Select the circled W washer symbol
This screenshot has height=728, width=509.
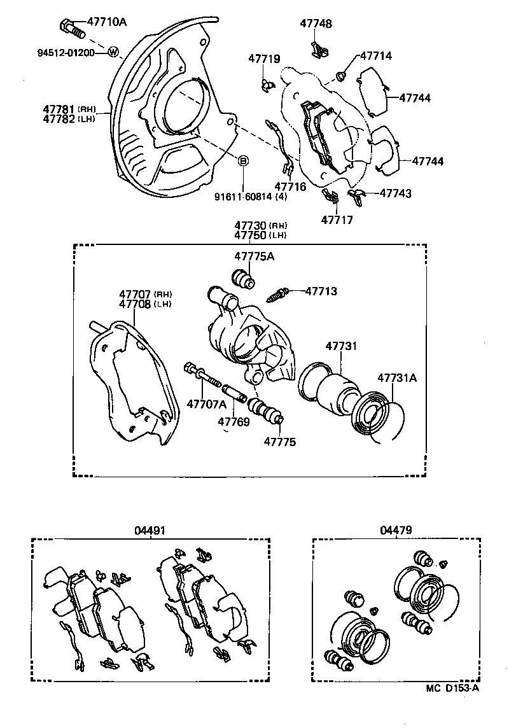[113, 52]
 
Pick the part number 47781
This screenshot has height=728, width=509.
[59, 109]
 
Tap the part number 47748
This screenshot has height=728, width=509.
[316, 24]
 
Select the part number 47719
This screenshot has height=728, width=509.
[264, 59]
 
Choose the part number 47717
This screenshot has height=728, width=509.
[337, 220]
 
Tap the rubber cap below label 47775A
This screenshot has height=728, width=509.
[242, 279]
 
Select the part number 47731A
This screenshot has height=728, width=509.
[398, 377]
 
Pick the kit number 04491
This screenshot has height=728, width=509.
[149, 529]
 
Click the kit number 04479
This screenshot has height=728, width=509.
[396, 529]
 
